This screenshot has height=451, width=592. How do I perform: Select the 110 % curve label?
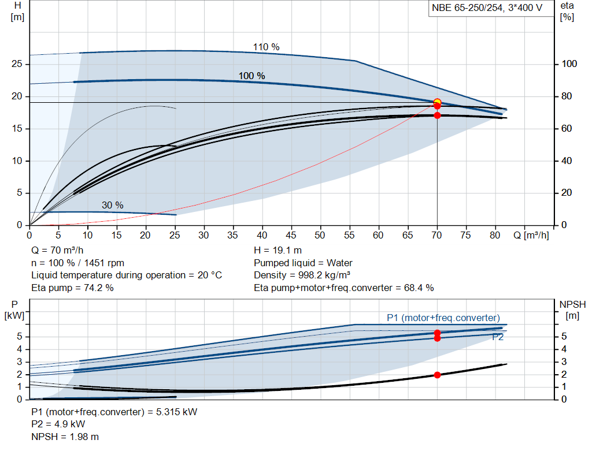click(x=266, y=47)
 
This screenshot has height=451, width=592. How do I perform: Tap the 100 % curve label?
click(x=252, y=76)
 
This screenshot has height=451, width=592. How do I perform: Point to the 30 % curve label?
click(x=113, y=205)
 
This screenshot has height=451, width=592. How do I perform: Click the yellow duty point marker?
click(x=437, y=102)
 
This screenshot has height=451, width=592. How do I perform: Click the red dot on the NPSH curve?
click(x=437, y=375)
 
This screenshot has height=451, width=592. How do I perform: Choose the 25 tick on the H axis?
click(x=17, y=64)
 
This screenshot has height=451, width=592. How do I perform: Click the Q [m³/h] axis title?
click(x=531, y=236)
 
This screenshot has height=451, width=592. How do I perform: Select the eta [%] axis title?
click(x=567, y=11)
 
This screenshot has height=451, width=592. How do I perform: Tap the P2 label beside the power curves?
click(x=498, y=337)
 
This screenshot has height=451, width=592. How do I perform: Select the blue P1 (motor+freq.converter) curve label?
click(x=443, y=318)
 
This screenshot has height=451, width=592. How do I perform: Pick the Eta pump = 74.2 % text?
click(x=72, y=287)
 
